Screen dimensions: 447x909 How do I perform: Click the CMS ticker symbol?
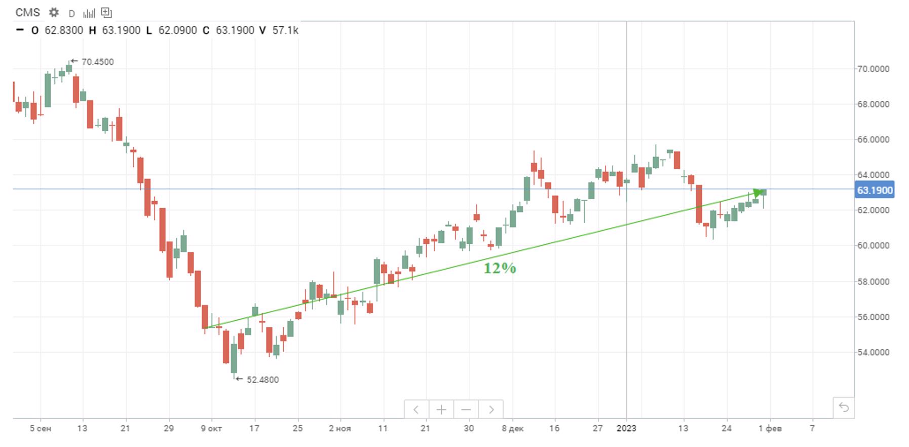tap(27, 13)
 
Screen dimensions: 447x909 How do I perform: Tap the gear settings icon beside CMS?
tap(54, 13)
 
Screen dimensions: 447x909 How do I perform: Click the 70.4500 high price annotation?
tap(97, 62)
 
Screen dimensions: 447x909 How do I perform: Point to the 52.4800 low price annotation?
tap(262, 380)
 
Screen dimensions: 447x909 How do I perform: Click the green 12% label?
tap(500, 268)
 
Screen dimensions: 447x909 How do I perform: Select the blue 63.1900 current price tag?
tap(874, 191)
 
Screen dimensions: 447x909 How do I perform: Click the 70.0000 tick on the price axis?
tap(873, 69)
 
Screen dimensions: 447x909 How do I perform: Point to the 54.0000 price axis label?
tap(873, 352)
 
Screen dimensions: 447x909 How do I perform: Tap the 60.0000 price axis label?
tap(873, 246)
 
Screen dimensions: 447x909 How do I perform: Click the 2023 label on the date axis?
tap(626, 429)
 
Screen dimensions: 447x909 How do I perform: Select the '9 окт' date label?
tap(211, 429)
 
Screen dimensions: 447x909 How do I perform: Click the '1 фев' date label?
tap(770, 429)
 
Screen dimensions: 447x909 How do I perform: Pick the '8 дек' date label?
tap(513, 429)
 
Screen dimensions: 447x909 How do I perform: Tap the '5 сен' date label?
tap(41, 429)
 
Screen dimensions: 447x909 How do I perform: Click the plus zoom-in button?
tap(441, 409)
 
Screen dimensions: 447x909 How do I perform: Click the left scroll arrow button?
tap(416, 409)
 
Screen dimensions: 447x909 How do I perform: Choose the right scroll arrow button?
tap(491, 409)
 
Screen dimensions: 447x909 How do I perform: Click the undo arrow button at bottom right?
tap(844, 407)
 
